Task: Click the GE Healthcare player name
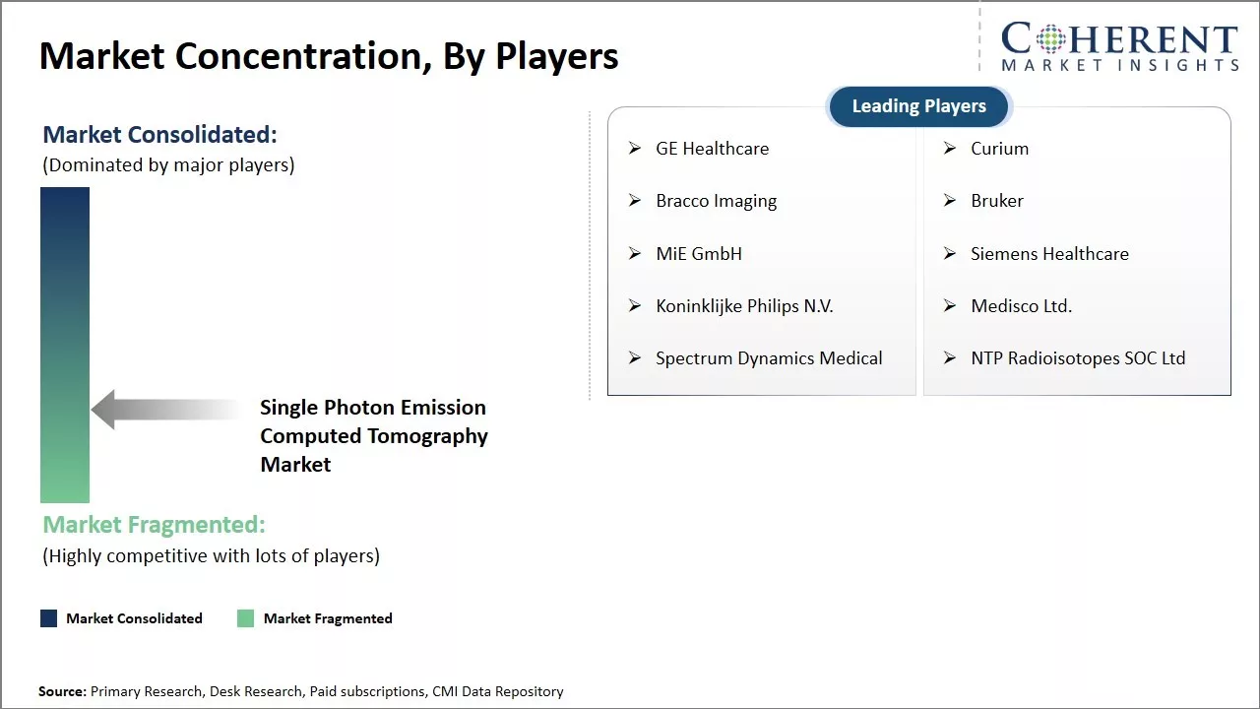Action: (x=712, y=149)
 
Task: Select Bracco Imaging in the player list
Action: (x=716, y=201)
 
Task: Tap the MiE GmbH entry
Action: (x=699, y=254)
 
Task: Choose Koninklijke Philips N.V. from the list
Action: (x=744, y=306)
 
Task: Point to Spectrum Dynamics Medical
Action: (x=769, y=358)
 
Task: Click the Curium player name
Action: (x=999, y=149)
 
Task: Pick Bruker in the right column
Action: (x=997, y=201)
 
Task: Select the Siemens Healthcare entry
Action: (x=1049, y=254)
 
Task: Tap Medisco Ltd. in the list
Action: (x=1021, y=306)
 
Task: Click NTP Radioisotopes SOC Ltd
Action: (x=1078, y=358)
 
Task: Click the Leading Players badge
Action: (x=918, y=106)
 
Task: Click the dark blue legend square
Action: (x=48, y=618)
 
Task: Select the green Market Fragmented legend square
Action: (x=246, y=618)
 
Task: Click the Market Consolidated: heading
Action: (x=159, y=135)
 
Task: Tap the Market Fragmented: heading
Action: (x=154, y=525)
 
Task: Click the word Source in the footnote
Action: (x=62, y=692)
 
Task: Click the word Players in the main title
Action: (x=556, y=56)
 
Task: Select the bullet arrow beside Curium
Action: (x=950, y=149)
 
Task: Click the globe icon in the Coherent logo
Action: (x=1050, y=39)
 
